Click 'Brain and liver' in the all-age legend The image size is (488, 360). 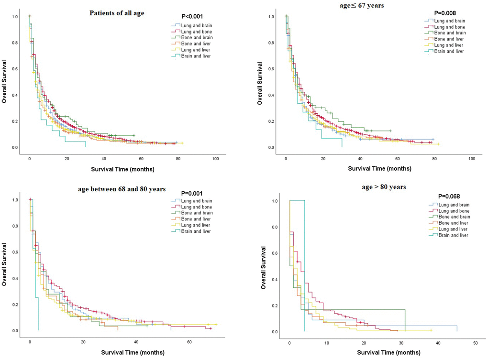point(194,56)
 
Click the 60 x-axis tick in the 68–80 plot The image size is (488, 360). point(189,342)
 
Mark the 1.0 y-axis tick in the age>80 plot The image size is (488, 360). point(274,201)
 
